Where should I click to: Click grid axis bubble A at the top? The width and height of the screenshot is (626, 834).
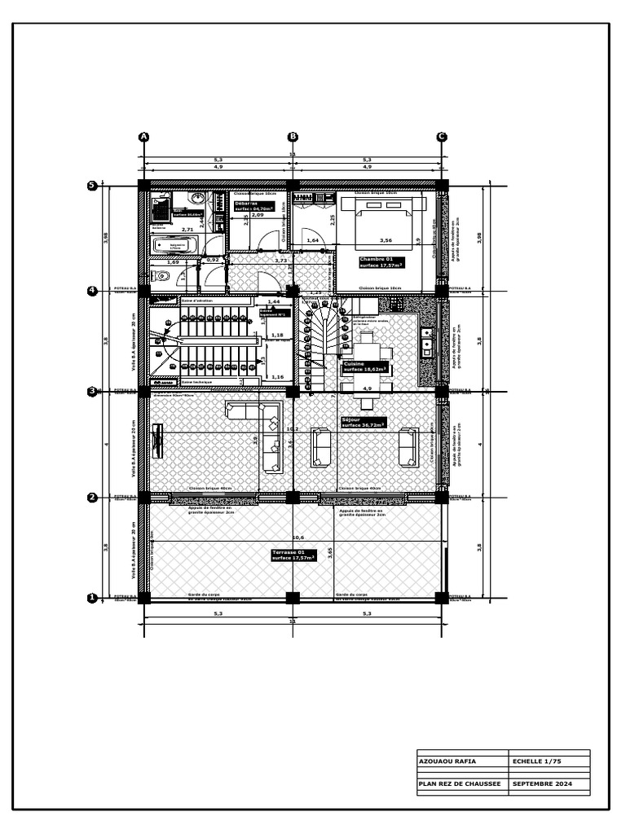tap(144, 137)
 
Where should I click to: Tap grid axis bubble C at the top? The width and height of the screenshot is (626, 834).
tap(442, 137)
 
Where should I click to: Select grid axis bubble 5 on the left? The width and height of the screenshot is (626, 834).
tap(92, 186)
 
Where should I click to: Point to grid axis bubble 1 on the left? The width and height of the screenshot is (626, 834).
tap(92, 598)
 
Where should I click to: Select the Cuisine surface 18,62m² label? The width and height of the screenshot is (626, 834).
tap(366, 367)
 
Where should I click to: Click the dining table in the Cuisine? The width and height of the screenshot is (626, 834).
tap(367, 350)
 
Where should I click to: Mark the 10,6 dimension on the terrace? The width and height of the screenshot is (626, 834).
tap(298, 538)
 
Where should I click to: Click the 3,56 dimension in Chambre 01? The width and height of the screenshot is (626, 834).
tap(386, 240)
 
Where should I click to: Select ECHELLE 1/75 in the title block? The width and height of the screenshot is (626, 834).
tap(537, 762)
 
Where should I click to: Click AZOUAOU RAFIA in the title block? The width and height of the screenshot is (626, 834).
tap(447, 762)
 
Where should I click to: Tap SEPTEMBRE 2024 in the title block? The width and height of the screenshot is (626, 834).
tap(542, 784)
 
